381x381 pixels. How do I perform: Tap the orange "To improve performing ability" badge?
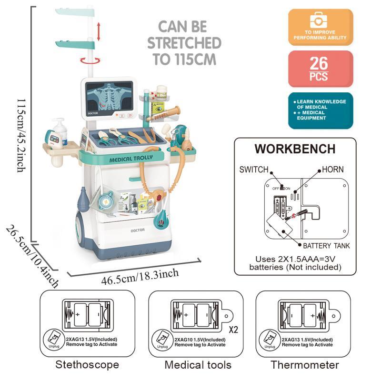(x=321, y=27)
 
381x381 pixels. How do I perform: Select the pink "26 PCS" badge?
(x=321, y=69)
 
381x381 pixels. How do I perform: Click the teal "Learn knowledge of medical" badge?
(x=321, y=110)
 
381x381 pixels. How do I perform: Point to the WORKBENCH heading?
(x=295, y=149)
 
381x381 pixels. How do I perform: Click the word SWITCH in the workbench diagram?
(x=254, y=169)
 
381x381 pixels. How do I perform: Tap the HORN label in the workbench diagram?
(x=332, y=169)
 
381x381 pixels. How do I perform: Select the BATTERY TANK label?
(x=326, y=246)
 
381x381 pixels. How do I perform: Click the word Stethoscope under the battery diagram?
(x=87, y=365)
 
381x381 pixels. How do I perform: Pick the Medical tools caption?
(x=198, y=365)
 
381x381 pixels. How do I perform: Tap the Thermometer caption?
(x=305, y=365)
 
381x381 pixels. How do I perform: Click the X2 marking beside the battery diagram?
(x=234, y=330)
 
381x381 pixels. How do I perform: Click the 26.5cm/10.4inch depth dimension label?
(x=32, y=257)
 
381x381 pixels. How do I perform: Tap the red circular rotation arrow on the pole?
(x=90, y=60)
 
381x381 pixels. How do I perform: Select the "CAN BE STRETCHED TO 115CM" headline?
(x=184, y=42)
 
